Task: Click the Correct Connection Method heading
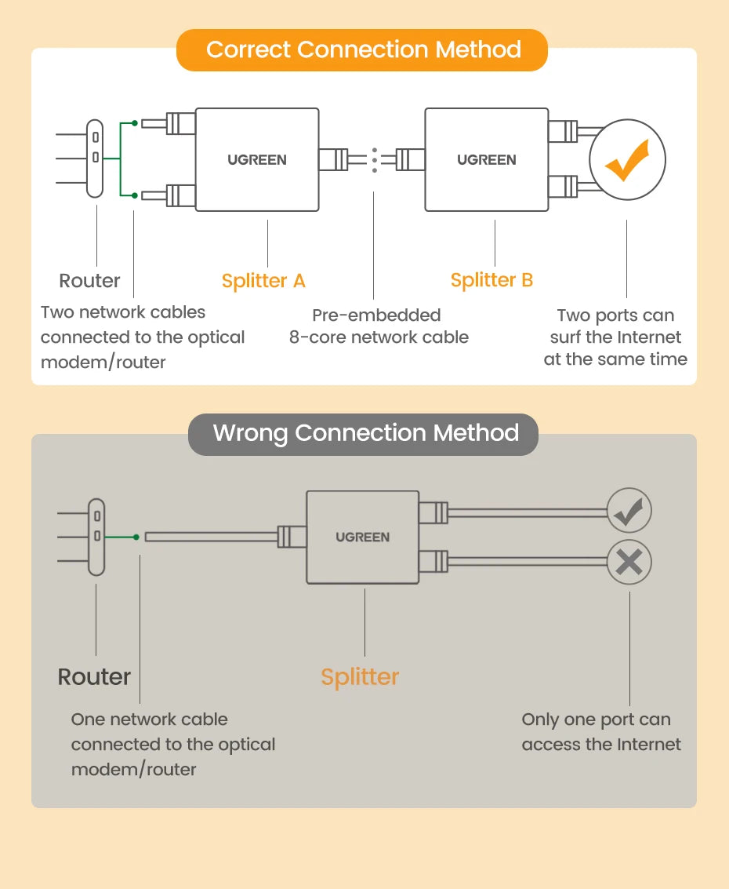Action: [x=363, y=50]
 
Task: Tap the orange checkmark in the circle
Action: [x=627, y=160]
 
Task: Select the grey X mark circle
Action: [x=629, y=562]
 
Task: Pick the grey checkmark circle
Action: [x=629, y=513]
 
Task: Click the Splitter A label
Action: [x=263, y=281]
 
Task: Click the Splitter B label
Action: [x=491, y=280]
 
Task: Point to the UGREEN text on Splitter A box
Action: [x=257, y=160]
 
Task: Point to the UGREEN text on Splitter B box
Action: [x=487, y=160]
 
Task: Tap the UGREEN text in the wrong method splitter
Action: [x=362, y=537]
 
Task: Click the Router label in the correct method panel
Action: [x=90, y=281]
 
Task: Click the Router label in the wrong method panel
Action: [x=94, y=676]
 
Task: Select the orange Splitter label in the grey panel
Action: [x=360, y=677]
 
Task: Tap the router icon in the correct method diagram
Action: [x=95, y=158]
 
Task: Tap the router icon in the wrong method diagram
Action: [x=96, y=537]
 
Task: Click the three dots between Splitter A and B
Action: [x=375, y=159]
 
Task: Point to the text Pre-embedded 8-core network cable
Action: [x=379, y=326]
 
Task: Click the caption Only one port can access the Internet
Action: [x=601, y=732]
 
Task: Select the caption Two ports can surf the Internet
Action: [x=615, y=337]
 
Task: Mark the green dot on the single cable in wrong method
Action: [x=136, y=537]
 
